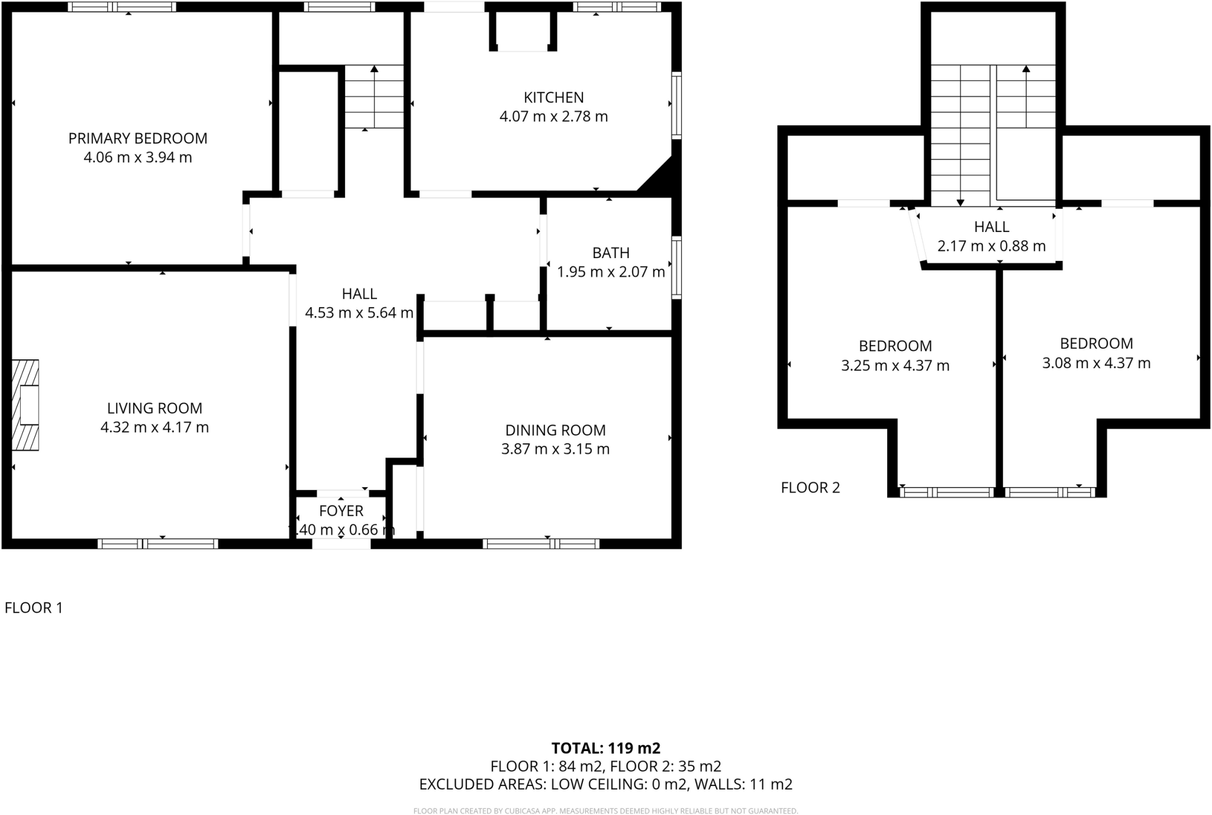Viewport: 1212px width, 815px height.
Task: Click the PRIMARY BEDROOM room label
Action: point(138,138)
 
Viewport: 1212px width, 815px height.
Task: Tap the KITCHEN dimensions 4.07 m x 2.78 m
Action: point(553,117)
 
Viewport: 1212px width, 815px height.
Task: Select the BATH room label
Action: point(611,253)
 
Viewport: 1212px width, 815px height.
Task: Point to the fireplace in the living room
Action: point(25,405)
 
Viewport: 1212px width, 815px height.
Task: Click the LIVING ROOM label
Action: point(154,408)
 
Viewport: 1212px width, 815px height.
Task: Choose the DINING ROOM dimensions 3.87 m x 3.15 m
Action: point(555,449)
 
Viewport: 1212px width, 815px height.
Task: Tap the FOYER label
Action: point(341,511)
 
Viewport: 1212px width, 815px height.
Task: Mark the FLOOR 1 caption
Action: point(34,608)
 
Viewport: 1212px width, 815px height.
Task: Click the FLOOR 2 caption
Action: point(810,488)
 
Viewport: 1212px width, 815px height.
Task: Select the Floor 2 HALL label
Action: point(991,227)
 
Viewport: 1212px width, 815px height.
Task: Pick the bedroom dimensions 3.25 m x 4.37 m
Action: point(895,366)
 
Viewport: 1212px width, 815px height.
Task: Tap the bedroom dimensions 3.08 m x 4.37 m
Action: point(1096,363)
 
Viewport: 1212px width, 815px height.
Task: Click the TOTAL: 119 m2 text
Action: point(605,748)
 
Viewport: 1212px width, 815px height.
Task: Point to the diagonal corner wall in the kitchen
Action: point(657,176)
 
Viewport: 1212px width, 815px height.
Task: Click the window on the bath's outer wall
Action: point(676,268)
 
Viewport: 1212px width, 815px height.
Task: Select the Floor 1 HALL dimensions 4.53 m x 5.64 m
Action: point(359,313)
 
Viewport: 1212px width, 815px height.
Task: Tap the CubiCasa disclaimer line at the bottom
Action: point(605,811)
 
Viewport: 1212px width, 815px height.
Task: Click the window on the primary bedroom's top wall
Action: point(122,7)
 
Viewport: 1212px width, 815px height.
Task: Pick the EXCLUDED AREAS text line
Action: point(605,784)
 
